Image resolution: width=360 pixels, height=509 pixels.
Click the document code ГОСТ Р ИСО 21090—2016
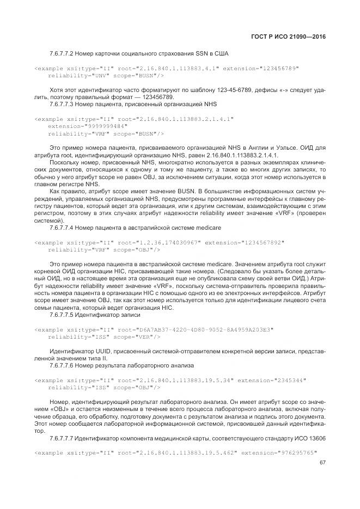pos(295,36)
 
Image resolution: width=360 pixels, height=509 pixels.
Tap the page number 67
pos(322,463)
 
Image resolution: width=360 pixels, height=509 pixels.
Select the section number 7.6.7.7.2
pos(63,54)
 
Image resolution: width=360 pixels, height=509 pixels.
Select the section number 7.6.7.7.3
pos(63,103)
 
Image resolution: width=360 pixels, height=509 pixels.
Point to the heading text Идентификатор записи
pos(103,314)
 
